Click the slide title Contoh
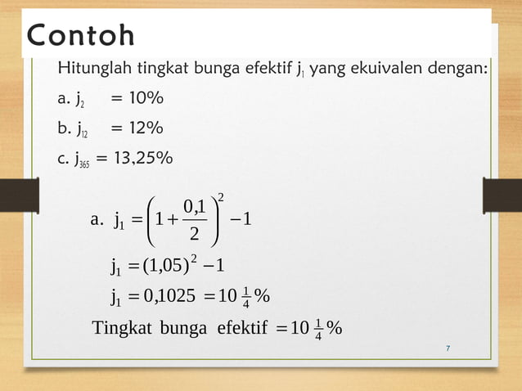(x=81, y=38)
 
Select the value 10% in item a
(x=140, y=100)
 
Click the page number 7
(x=448, y=349)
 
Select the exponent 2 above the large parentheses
(x=221, y=196)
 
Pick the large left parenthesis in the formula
(x=149, y=219)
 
